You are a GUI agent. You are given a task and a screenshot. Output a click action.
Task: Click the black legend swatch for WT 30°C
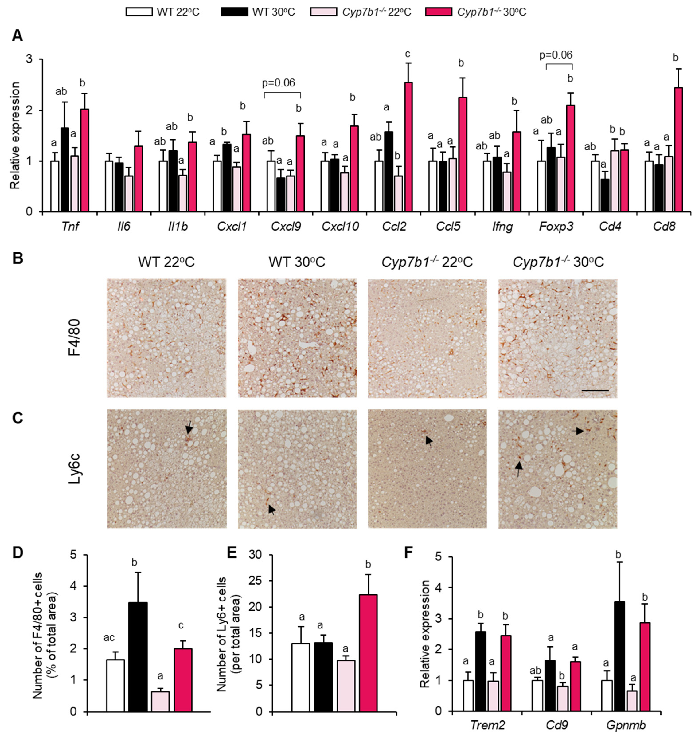click(234, 12)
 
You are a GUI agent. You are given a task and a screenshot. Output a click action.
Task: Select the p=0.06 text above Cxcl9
click(282, 83)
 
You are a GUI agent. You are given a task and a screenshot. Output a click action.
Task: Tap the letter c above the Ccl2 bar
click(408, 54)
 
